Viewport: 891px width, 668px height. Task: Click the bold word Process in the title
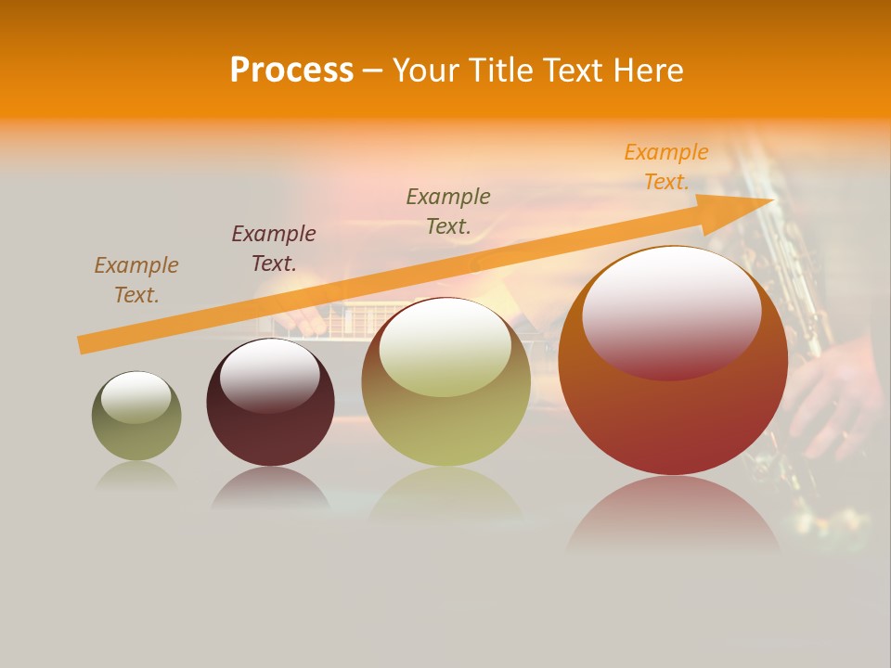(291, 71)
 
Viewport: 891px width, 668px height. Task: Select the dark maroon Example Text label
(274, 249)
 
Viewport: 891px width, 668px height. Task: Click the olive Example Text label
(448, 211)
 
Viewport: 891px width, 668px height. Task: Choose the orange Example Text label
(666, 167)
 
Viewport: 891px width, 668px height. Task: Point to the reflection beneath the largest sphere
(673, 520)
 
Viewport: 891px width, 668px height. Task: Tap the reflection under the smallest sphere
(136, 476)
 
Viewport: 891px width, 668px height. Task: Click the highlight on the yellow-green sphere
(445, 348)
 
